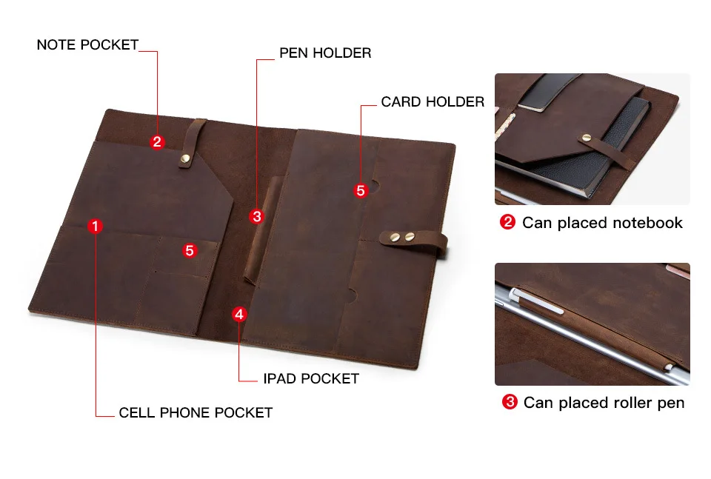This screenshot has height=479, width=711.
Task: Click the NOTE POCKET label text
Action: point(87,44)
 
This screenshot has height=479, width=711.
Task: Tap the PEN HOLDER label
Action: point(325,53)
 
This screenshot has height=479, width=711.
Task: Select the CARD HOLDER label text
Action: point(433,102)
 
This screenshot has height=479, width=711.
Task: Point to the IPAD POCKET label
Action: point(311,379)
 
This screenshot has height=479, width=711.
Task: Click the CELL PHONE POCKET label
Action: point(196,412)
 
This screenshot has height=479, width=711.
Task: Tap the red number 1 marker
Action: point(95,227)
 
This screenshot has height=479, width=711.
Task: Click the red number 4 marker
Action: point(238,314)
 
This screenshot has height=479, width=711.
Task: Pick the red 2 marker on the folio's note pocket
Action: point(157,141)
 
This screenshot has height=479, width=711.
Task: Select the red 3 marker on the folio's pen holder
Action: point(256,216)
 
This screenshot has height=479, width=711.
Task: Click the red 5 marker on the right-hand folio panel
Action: point(361,190)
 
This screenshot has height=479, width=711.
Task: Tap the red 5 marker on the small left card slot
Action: point(190,250)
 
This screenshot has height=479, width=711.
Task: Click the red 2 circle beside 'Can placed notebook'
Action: point(507,222)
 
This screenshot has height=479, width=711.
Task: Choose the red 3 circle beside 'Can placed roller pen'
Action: point(509,402)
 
